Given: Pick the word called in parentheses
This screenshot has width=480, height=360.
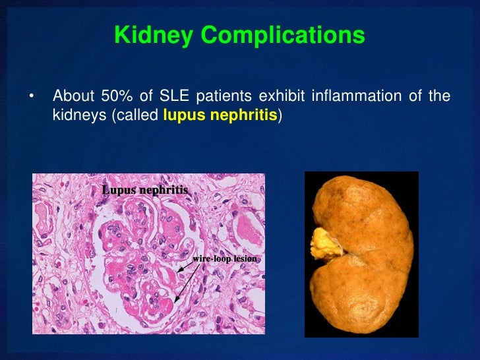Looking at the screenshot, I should [136, 116].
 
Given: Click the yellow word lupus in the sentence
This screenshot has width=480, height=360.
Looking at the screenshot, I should [179, 116].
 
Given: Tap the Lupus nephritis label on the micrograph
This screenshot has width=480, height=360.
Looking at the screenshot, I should [145, 190].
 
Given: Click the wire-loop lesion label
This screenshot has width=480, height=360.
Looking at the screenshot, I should [224, 258].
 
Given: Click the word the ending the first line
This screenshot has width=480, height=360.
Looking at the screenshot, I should [440, 97].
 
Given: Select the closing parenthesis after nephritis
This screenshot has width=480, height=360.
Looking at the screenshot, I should [280, 116].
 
